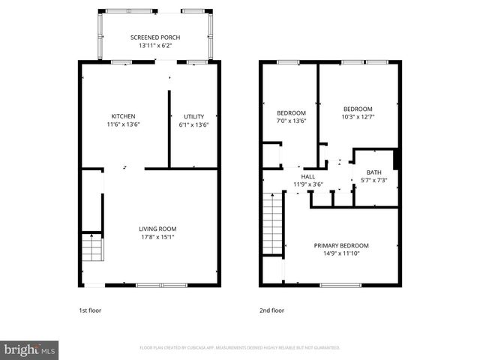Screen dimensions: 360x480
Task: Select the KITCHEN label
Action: pos(123,116)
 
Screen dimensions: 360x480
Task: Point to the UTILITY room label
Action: pos(194,116)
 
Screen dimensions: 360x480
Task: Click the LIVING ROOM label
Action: pos(157,229)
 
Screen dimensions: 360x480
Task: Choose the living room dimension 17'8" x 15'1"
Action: pos(157,237)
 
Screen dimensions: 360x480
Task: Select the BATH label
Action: pos(373,172)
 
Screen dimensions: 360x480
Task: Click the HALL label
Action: pos(307,177)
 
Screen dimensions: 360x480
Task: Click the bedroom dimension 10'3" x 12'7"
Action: pos(357,115)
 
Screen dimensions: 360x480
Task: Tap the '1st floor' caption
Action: pos(90,310)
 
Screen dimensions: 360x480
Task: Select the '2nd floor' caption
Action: pos(271,310)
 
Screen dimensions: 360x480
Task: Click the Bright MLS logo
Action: pos(30,349)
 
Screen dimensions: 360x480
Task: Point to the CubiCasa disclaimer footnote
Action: pos(240,348)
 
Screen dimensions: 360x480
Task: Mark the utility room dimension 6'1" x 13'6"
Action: pos(194,124)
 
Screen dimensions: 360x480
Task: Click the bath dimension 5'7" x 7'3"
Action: pos(373,181)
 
